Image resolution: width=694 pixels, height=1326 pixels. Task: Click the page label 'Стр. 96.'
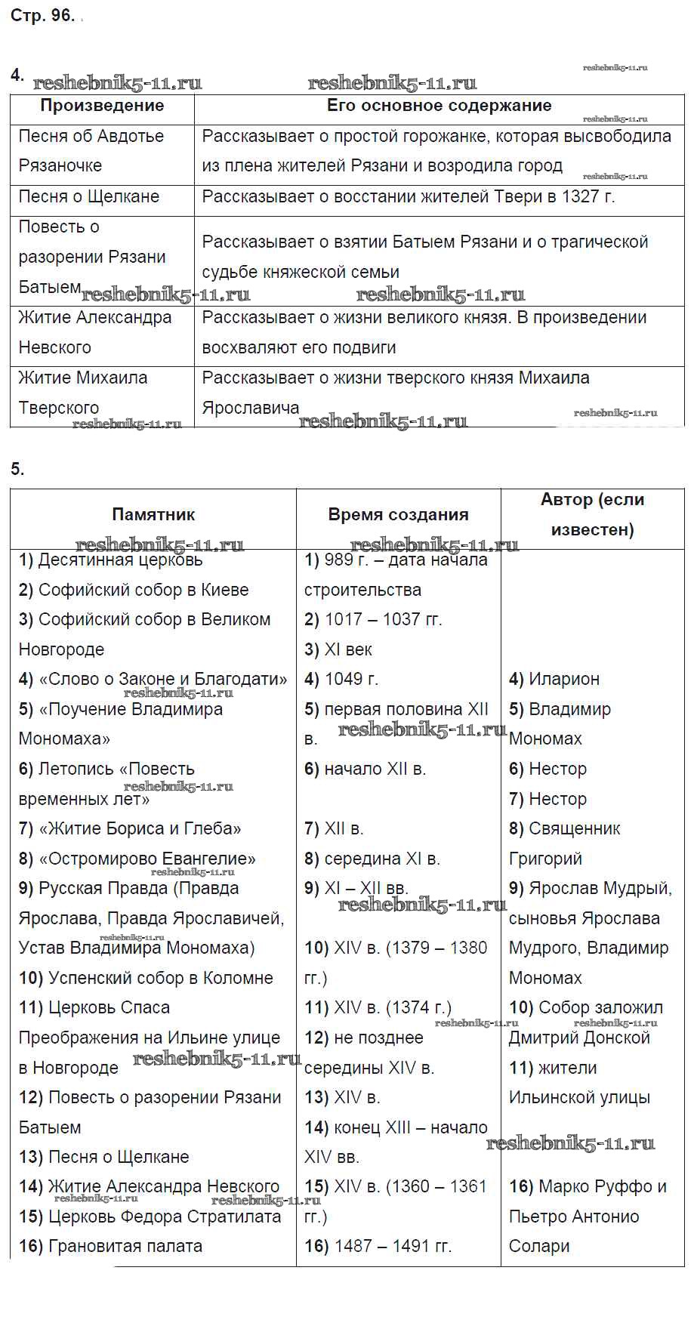(x=42, y=16)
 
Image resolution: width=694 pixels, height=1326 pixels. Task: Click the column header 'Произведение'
(x=102, y=106)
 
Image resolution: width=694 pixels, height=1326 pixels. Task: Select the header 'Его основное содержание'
(x=439, y=106)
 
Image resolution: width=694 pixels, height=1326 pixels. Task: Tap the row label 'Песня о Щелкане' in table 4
(x=89, y=197)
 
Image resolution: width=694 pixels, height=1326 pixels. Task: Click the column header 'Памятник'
(x=153, y=515)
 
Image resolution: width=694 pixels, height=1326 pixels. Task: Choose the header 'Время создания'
(x=398, y=515)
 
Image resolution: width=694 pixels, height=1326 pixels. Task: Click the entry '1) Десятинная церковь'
(x=111, y=560)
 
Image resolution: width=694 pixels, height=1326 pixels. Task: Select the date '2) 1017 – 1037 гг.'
(x=373, y=620)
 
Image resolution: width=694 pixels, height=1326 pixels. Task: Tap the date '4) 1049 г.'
(x=341, y=680)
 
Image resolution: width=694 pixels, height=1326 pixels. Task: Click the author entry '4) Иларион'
(x=554, y=680)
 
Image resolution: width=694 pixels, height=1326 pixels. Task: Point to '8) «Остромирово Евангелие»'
(x=137, y=859)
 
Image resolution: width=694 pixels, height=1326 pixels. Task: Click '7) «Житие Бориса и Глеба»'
(x=130, y=829)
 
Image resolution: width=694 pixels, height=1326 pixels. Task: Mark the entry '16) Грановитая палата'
(x=111, y=1247)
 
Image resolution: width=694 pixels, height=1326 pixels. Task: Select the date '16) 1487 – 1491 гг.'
(x=378, y=1247)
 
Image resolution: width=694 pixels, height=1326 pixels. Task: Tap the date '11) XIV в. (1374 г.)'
(x=378, y=1008)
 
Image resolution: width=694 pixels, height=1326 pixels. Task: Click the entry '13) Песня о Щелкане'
(x=104, y=1158)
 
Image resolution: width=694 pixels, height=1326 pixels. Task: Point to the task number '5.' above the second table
(x=17, y=470)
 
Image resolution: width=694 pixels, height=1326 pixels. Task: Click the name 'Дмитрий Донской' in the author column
(x=579, y=1038)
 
